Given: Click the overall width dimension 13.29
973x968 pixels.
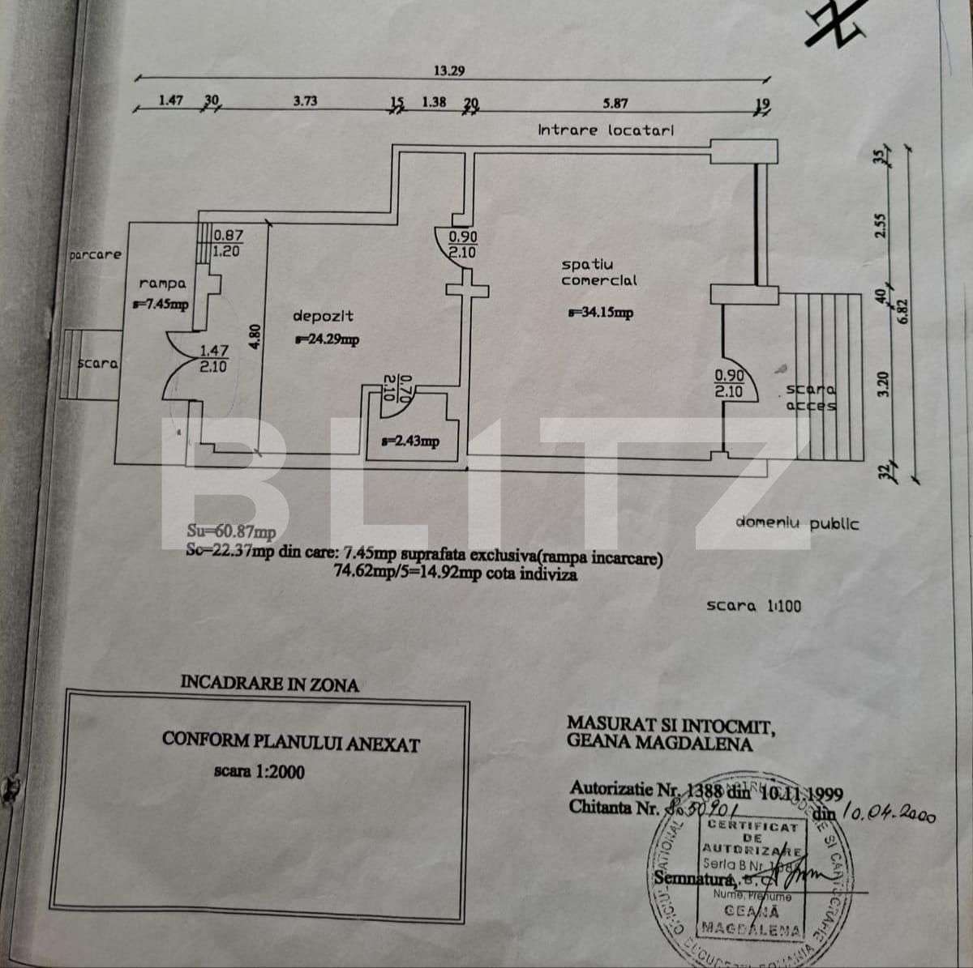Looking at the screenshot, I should [x=448, y=70].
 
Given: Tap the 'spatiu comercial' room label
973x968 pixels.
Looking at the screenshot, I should [x=599, y=272].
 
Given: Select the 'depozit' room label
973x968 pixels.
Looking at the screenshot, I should [x=323, y=315].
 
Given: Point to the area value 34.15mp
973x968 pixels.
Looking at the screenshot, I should [x=600, y=313].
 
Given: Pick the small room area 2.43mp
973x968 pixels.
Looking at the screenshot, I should [x=410, y=441].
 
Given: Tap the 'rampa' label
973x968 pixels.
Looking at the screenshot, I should [x=162, y=284].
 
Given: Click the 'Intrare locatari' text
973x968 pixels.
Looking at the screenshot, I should [x=606, y=130].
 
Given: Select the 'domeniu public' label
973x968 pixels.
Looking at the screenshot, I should [x=797, y=522].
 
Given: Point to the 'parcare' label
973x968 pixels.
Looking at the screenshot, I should [x=95, y=254].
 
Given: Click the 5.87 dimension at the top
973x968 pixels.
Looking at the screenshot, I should [x=615, y=103].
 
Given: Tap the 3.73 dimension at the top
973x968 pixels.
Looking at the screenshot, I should [x=305, y=101].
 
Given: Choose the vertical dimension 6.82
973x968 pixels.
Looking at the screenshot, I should [x=902, y=309].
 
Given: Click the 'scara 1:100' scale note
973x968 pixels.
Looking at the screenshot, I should [x=753, y=605].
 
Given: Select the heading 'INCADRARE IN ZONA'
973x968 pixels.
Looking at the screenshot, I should [x=269, y=684].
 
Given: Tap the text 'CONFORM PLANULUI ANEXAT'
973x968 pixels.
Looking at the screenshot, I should [x=290, y=740].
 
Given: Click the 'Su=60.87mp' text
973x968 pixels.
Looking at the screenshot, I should [x=231, y=532].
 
